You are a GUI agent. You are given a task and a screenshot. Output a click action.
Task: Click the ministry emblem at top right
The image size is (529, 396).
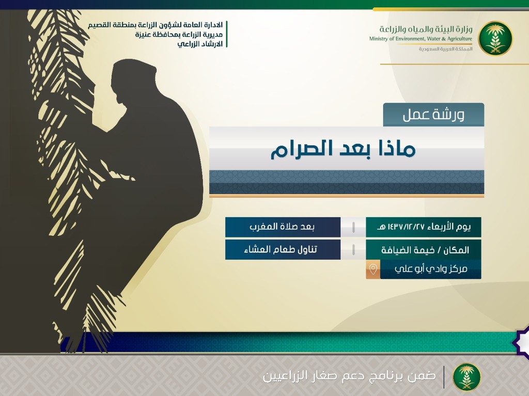pyautogui.click(x=495, y=38)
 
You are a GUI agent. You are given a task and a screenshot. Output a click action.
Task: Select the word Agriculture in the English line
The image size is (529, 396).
pyautogui.click(x=459, y=39)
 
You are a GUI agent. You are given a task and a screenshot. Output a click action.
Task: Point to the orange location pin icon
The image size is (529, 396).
pyautogui.click(x=373, y=269)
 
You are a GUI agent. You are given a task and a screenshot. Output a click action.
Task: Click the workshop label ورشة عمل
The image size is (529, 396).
pyautogui.click(x=433, y=115)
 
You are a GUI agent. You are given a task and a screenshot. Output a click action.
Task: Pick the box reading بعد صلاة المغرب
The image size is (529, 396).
pyautogui.click(x=283, y=227)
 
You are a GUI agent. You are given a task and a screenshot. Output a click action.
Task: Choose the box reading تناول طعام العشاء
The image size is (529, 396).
pyautogui.click(x=283, y=249)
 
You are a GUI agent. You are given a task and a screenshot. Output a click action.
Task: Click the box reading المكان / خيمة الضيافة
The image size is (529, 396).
pyautogui.click(x=424, y=250)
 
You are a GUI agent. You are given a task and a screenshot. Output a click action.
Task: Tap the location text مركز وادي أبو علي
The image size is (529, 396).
pyautogui.click(x=431, y=269)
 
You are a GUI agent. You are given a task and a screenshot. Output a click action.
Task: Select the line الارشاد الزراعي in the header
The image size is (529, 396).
pyautogui.click(x=200, y=44)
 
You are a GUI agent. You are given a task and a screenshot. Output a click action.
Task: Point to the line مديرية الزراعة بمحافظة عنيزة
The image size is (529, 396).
pyautogui.click(x=179, y=35)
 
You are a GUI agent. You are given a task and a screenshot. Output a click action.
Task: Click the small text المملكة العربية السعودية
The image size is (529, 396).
pyautogui.click(x=446, y=49)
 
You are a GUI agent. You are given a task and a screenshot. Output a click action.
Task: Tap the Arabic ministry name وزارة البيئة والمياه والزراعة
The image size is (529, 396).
pyautogui.click(x=426, y=29)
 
